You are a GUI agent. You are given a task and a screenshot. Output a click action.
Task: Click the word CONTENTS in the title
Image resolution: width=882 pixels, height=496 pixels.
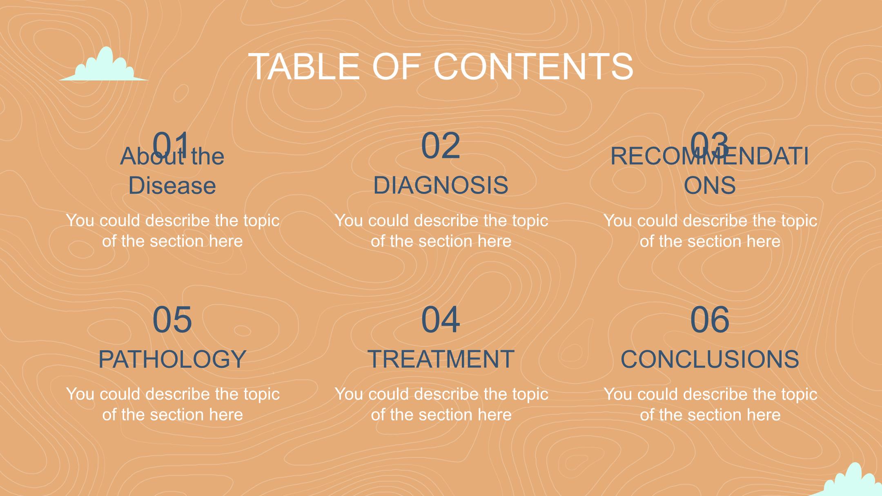point(533,66)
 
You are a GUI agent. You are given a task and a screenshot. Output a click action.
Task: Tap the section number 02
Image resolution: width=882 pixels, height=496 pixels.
point(441,145)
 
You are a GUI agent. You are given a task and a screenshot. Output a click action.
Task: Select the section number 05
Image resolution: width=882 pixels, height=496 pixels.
point(172,319)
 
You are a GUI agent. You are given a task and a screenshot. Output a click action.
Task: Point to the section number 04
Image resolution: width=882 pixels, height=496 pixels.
point(441,319)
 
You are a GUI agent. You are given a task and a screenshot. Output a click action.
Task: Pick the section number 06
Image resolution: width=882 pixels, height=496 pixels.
point(710,319)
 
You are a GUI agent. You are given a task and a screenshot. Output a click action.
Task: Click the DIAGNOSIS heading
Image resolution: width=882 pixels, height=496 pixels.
point(441,185)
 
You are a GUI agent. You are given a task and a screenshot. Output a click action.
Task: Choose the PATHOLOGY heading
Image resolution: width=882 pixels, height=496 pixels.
point(172,359)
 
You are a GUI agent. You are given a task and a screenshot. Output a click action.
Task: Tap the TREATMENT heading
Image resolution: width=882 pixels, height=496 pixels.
point(441,359)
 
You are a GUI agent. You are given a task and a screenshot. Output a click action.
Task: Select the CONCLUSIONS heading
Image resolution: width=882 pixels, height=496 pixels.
point(710,359)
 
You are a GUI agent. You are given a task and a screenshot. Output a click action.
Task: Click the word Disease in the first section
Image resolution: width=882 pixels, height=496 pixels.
point(172,185)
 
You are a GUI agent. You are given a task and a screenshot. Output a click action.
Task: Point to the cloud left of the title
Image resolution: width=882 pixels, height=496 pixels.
point(104,65)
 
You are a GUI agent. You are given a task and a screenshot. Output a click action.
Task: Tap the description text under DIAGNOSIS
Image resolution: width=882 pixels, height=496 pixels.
point(441,231)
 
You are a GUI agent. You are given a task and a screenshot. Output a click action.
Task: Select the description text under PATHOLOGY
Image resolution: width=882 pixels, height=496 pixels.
point(172,404)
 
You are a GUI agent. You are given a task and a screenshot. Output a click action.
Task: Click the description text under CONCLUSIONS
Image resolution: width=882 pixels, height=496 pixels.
point(710,404)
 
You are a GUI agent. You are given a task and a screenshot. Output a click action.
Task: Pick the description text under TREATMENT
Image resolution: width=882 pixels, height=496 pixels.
point(441,404)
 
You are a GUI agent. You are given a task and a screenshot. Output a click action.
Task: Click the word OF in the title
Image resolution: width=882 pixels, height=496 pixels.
point(396,66)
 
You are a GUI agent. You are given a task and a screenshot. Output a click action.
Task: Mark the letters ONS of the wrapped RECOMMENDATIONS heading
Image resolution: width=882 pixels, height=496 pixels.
point(710,185)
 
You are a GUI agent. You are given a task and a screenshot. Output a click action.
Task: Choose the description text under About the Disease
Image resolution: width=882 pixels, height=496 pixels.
point(172,231)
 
